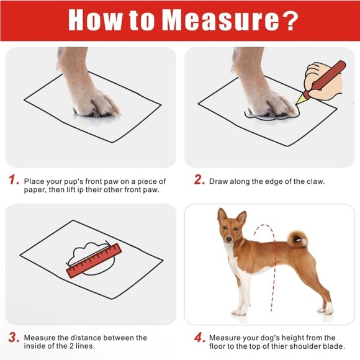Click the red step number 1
pyautogui.click(x=13, y=181)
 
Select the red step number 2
pyautogui.click(x=199, y=181)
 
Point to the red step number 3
pyautogui.click(x=13, y=339)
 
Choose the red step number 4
pyautogui.click(x=199, y=339)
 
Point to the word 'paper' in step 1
pyautogui.click(x=37, y=190)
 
